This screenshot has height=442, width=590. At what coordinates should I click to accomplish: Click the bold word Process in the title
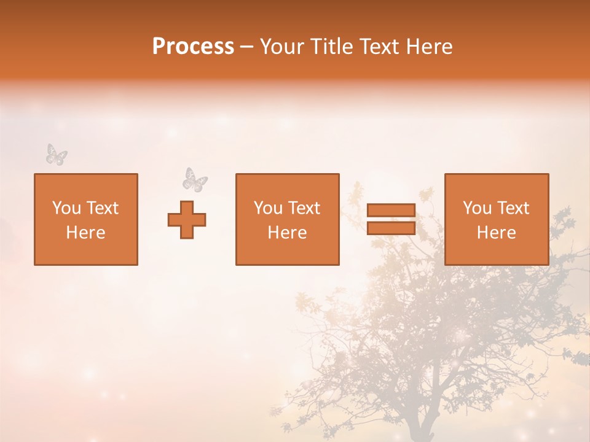coord(193,47)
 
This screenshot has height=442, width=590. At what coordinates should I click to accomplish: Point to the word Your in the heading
coord(282,47)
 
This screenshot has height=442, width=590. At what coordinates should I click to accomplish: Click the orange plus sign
coord(187,220)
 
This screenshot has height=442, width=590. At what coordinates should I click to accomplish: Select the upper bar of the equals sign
coord(391,211)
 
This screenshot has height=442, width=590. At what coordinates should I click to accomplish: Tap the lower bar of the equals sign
coord(391,228)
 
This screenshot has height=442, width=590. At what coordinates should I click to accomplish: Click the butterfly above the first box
coord(57,154)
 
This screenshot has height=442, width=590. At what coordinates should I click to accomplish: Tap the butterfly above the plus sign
coord(195,179)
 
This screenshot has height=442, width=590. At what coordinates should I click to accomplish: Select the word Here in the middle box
coord(288,233)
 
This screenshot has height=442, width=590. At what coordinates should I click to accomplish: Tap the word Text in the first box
coord(102,208)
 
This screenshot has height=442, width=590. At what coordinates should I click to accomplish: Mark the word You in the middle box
coord(268,208)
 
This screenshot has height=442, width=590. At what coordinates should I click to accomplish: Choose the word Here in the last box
coord(497,233)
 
